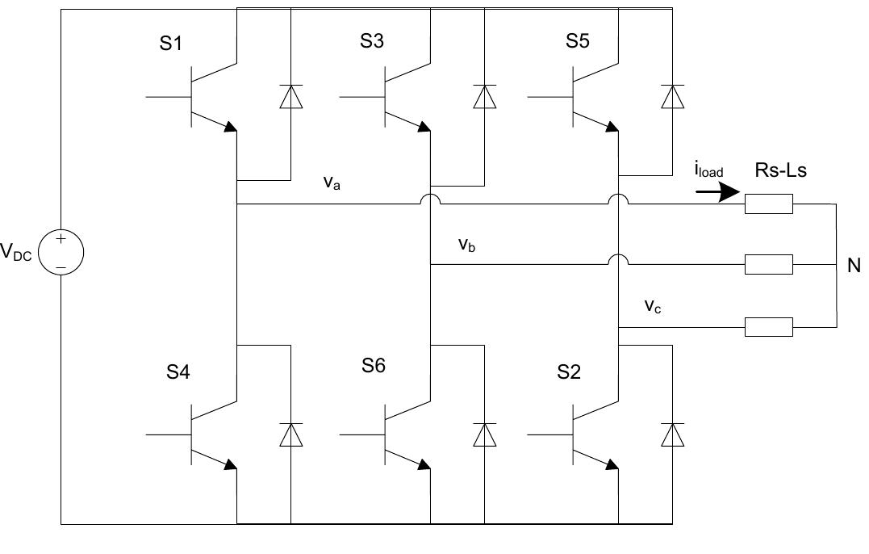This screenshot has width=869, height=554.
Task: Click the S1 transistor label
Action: (x=170, y=44)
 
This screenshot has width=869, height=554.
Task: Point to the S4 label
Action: (x=179, y=372)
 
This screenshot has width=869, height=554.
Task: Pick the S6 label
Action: (x=374, y=366)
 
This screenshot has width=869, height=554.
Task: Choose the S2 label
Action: (x=569, y=372)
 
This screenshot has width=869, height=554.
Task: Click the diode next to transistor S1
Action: (x=290, y=97)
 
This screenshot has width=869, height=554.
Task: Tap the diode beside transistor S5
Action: (x=671, y=97)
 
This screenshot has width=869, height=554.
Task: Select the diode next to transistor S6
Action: (x=484, y=434)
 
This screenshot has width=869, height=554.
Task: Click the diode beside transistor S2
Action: (x=671, y=434)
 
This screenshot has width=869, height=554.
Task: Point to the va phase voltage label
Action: (x=330, y=183)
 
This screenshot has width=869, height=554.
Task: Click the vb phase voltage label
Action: (x=466, y=244)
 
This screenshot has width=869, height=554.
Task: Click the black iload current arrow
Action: (x=717, y=192)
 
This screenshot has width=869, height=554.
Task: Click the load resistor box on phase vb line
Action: (x=769, y=264)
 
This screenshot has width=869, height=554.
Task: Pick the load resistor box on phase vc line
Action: (x=769, y=327)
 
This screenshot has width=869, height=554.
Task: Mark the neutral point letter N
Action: (x=854, y=265)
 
